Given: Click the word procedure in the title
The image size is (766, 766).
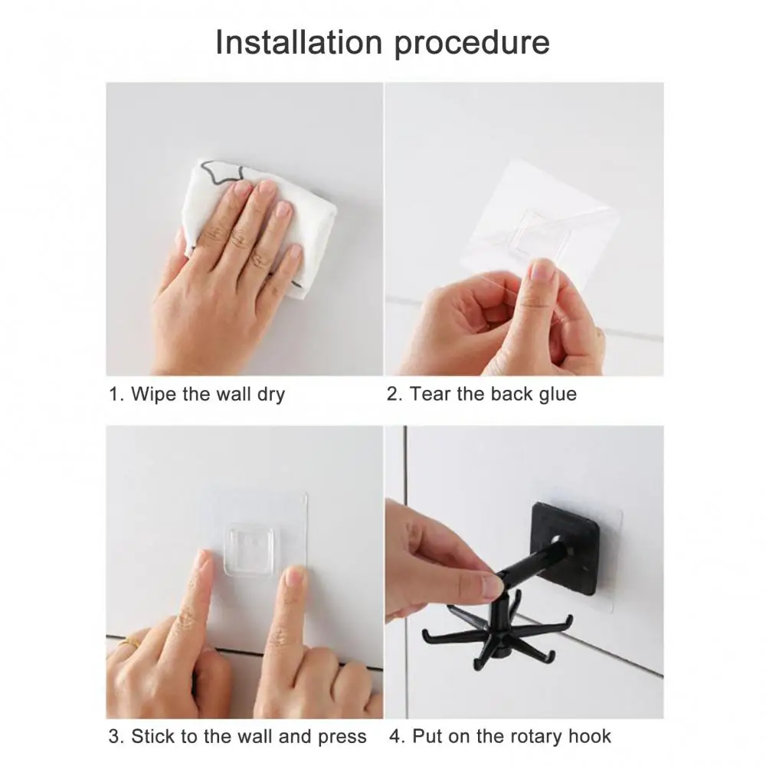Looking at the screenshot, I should (473, 44).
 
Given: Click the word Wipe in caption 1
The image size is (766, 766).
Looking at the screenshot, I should (156, 394).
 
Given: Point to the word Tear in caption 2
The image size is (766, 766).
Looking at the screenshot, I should (430, 394).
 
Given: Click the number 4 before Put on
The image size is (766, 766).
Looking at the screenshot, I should (396, 737).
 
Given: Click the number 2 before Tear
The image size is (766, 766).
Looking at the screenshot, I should (393, 394).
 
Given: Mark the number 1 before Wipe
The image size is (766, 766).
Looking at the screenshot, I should (115, 394).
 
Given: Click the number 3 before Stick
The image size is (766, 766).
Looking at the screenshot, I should (115, 737).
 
